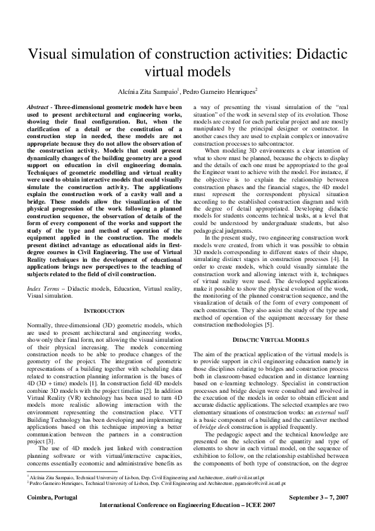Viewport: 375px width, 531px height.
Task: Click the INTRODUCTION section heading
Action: pyautogui.click(x=105, y=310)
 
